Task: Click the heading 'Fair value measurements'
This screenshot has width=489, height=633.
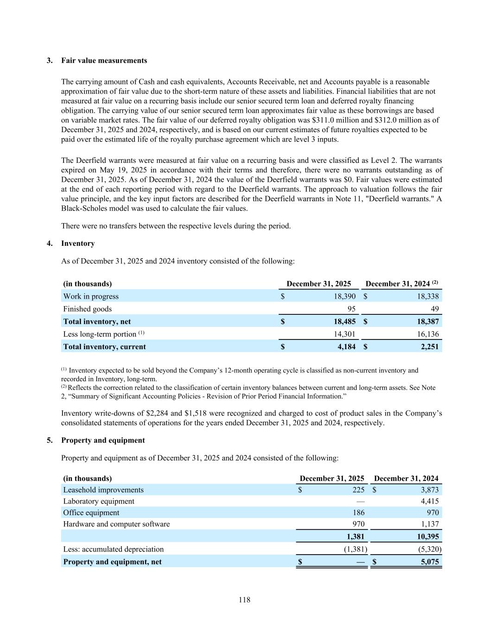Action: (104, 61)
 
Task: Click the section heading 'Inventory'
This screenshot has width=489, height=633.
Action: (78, 243)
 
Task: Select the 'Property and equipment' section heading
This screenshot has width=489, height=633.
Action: (103, 441)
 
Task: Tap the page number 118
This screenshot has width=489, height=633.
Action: (245, 600)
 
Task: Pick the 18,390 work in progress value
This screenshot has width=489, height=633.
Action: (345, 296)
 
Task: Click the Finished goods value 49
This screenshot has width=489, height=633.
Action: (434, 309)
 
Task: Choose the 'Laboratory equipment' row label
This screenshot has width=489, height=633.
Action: (99, 501)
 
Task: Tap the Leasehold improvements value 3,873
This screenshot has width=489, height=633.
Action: (430, 490)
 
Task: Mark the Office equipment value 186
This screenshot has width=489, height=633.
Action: (358, 513)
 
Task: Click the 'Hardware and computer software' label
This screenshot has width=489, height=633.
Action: (116, 524)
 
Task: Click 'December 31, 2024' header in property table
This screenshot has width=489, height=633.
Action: (406, 479)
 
